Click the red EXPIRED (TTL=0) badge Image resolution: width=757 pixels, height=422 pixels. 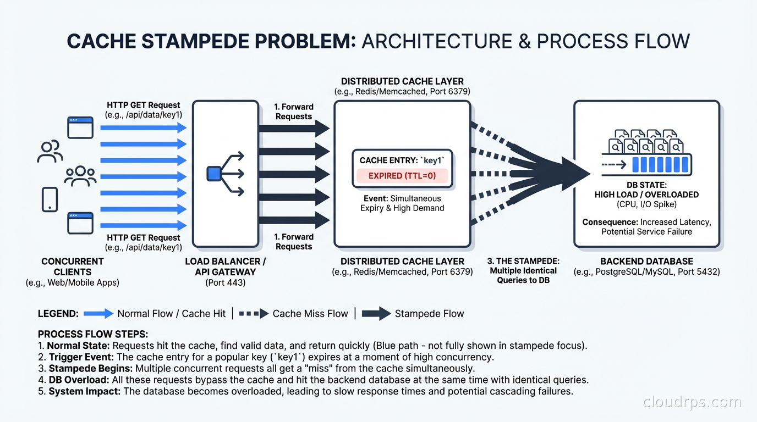pos(402,176)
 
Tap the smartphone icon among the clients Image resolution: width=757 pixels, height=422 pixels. pos(50,199)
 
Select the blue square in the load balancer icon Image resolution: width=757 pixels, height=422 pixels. pos(213,174)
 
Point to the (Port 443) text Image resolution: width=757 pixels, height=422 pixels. pos(226,282)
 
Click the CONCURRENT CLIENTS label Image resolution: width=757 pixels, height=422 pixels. pos(72,266)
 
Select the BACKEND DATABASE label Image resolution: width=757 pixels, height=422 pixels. pos(646,262)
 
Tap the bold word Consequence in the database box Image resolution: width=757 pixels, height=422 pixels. pos(610,222)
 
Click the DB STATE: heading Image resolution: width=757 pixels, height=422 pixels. pos(646,185)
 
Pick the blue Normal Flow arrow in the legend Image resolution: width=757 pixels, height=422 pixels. pos(98,314)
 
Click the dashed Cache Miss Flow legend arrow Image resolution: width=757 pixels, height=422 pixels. pos(254,314)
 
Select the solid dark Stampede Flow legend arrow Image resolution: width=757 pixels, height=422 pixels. pos(376,314)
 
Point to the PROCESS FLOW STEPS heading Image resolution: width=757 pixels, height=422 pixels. pos(93,334)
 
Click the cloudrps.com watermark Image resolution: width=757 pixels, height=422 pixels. pos(692,402)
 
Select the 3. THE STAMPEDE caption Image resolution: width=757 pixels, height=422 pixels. pos(523,261)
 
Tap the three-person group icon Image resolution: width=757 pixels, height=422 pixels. pos(80,175)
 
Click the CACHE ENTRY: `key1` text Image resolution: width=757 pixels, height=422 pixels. pos(402,160)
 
